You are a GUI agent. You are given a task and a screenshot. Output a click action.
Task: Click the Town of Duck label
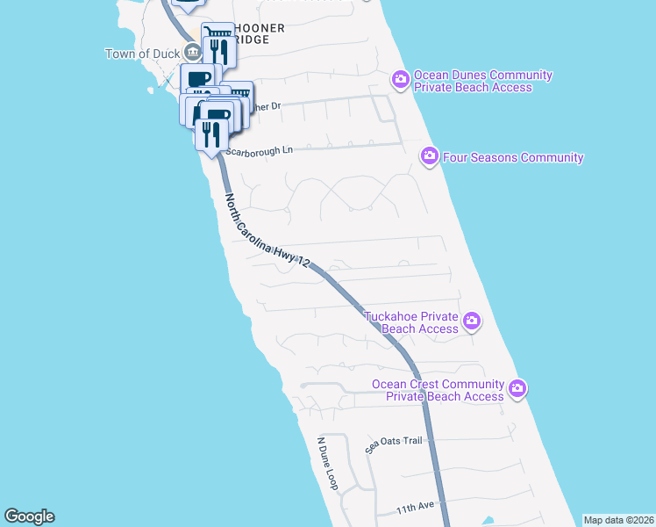(142, 54)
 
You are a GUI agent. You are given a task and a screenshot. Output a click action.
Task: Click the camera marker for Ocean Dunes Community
(400, 81)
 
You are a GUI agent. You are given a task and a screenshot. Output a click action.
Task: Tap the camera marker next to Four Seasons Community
(430, 157)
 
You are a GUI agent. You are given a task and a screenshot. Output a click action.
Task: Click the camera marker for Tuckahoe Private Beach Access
(472, 321)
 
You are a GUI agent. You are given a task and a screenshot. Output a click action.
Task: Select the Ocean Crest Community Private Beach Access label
(439, 390)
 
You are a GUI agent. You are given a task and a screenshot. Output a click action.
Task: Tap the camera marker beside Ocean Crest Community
(517, 388)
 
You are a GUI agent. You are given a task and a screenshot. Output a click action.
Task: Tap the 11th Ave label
(415, 509)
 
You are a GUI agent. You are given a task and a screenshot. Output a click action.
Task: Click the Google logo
(29, 516)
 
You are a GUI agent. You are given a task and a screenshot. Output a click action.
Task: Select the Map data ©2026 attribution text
(617, 520)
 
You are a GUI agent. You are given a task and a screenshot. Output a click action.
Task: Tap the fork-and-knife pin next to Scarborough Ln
(211, 134)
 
